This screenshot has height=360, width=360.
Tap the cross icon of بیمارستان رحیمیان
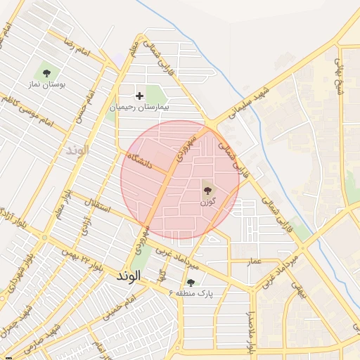tap(139, 95)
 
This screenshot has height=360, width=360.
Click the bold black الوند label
tap(131, 277)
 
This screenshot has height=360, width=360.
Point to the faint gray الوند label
tap(77, 150)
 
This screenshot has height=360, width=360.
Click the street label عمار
tap(254, 262)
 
